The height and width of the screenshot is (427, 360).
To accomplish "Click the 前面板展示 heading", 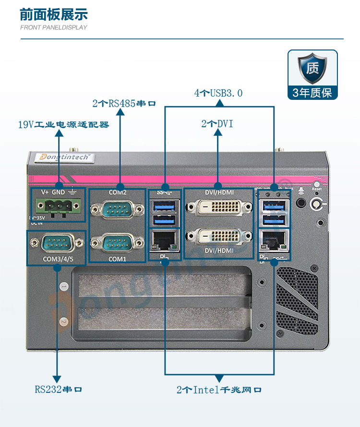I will (x=54, y=14).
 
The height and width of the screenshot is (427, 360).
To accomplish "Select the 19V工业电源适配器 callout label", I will (x=63, y=125).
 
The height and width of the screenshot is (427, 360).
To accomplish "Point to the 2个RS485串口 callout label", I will (x=124, y=103).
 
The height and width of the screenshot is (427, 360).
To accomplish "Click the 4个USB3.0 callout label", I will (x=218, y=93).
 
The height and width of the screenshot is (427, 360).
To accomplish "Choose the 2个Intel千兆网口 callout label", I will (x=219, y=390).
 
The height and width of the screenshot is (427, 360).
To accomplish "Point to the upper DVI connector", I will (x=219, y=207).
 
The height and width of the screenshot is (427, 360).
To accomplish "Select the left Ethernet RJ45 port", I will (x=165, y=238).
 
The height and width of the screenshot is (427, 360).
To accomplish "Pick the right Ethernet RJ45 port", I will (x=274, y=237).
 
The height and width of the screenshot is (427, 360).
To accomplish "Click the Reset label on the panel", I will (x=316, y=189).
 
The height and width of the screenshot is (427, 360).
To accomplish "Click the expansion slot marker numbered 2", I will (x=64, y=321).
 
